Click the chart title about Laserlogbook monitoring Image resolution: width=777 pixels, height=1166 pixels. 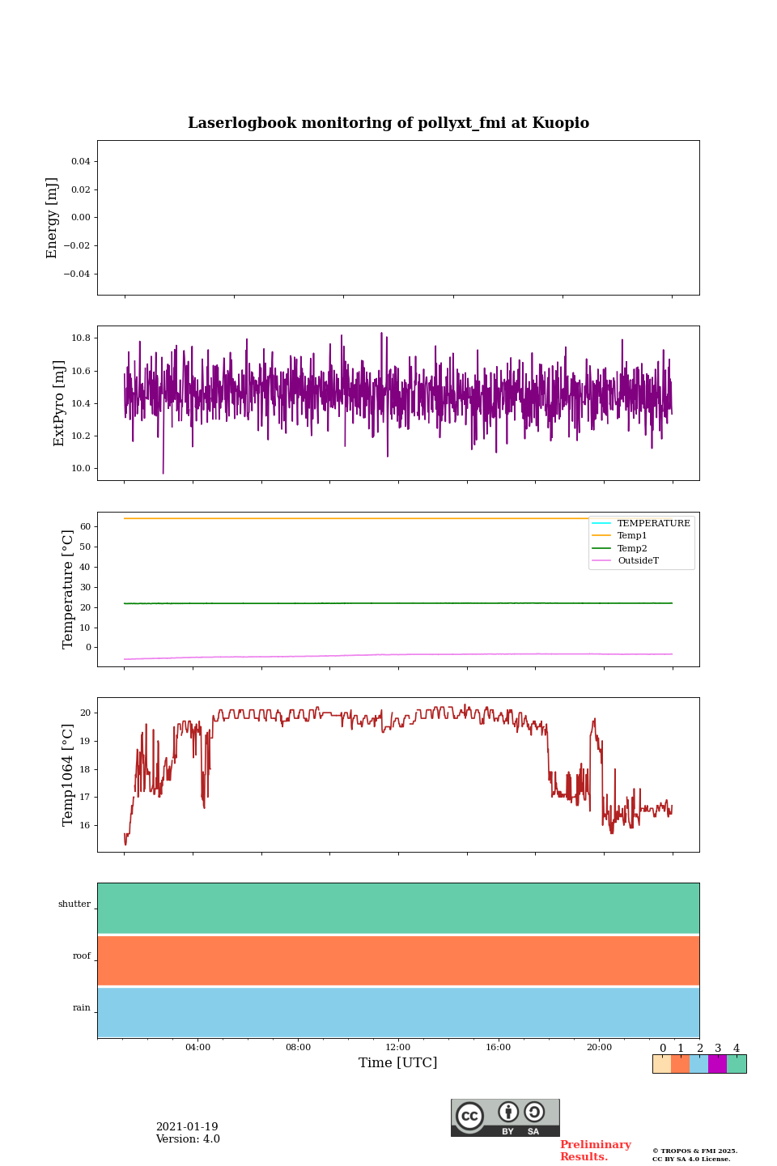click(388, 123)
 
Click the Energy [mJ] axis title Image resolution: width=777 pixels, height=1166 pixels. click(53, 218)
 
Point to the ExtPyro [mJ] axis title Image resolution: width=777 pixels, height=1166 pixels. click(59, 403)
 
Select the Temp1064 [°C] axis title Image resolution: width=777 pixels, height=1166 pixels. click(68, 775)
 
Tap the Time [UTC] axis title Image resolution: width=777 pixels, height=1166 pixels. click(397, 1062)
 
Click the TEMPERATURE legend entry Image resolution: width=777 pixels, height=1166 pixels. click(653, 524)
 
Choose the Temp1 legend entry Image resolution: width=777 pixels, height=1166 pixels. click(632, 536)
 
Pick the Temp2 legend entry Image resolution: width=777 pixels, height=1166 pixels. click(632, 548)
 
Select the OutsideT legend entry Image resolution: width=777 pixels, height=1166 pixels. click(638, 561)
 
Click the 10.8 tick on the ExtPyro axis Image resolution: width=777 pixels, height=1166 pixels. click(81, 338)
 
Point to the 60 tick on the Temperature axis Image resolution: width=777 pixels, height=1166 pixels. click(85, 526)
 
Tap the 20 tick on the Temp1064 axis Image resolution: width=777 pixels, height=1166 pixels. click(85, 713)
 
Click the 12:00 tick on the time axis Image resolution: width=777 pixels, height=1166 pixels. click(397, 1047)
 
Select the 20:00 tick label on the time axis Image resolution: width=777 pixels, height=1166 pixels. click(599, 1047)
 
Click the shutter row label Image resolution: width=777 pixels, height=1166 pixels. click(74, 904)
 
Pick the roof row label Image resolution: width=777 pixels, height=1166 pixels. click(82, 956)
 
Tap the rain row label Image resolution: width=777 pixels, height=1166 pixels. click(82, 1008)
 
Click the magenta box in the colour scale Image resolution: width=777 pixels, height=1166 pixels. click(717, 1064)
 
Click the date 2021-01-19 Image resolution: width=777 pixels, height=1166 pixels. click(187, 1127)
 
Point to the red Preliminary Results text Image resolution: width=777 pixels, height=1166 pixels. click(595, 1151)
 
